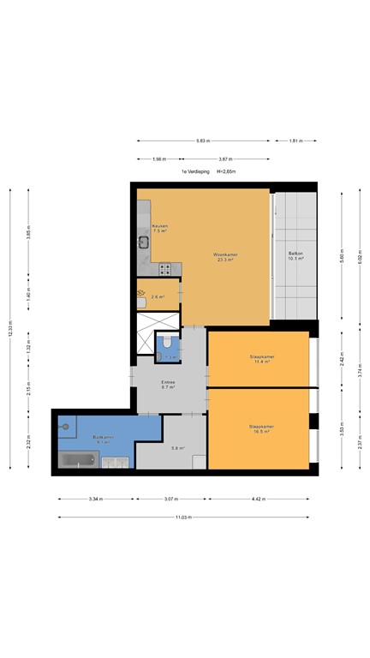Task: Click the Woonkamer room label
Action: pyautogui.click(x=201, y=255)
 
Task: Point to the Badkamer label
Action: pyautogui.click(x=103, y=439)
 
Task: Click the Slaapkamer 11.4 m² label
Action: pyautogui.click(x=260, y=360)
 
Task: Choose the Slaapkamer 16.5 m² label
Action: pyautogui.click(x=260, y=429)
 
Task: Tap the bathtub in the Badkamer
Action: pyautogui.click(x=79, y=461)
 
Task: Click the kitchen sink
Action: pyautogui.click(x=144, y=243)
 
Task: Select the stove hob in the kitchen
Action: pyautogui.click(x=165, y=269)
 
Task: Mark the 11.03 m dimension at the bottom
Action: pyautogui.click(x=184, y=517)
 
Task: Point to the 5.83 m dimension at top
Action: pyautogui.click(x=201, y=141)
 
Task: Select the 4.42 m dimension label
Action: pyautogui.click(x=258, y=499)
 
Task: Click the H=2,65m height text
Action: pyautogui.click(x=225, y=172)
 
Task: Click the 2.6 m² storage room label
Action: pyautogui.click(x=158, y=297)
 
